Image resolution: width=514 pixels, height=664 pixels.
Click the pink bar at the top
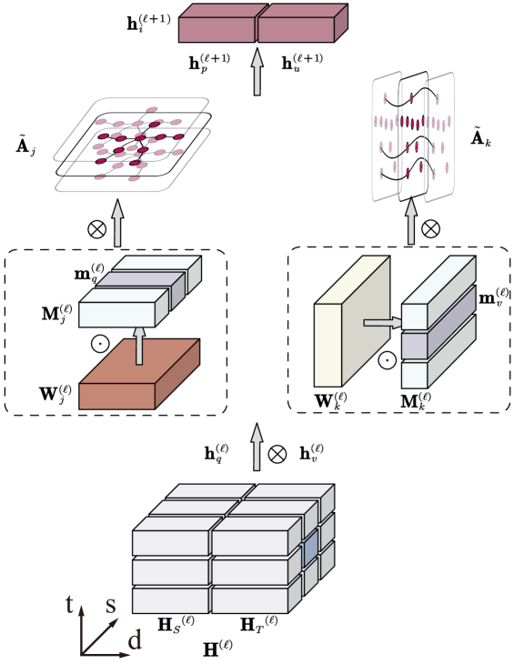pos(257,28)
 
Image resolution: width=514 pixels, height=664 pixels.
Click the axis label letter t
pos(69,603)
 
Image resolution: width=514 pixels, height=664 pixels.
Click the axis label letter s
pos(110,604)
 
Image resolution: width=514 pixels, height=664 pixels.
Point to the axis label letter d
pos(134,640)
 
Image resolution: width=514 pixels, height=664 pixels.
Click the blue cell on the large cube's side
pos(310,548)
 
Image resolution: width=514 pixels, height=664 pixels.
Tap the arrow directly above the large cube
pos(257,447)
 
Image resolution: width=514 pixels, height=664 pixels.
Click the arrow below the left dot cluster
pos(117,224)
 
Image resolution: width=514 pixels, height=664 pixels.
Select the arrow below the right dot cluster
pos(411,221)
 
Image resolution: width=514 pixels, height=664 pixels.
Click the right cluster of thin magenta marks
pos(411,136)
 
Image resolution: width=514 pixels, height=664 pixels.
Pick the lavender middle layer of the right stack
pos(415,345)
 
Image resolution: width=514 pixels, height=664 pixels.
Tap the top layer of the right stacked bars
pos(415,316)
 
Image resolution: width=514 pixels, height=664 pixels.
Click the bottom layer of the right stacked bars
pos(415,374)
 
